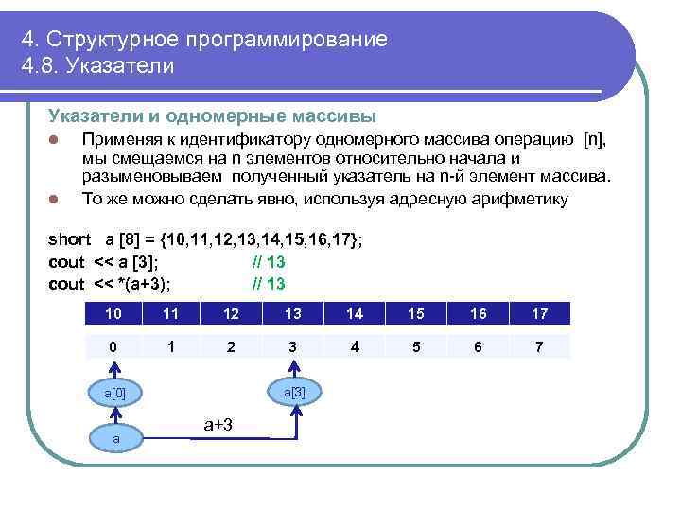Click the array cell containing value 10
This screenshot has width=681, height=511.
click(113, 313)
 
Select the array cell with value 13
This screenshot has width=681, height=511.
click(293, 313)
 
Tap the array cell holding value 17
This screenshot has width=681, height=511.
click(538, 313)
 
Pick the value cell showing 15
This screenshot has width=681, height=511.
click(416, 313)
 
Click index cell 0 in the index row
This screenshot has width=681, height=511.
click(113, 346)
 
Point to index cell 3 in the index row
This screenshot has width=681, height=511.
click(293, 346)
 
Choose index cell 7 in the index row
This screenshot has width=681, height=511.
click(538, 346)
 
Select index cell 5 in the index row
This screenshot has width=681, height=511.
click(416, 346)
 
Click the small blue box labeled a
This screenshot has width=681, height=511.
click(115, 438)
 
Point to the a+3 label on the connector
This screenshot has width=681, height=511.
click(219, 426)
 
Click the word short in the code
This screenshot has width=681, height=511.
click(69, 238)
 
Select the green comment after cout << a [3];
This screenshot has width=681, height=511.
click(269, 261)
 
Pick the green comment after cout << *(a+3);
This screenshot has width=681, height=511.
click(269, 283)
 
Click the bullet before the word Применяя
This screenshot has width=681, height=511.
click(55, 141)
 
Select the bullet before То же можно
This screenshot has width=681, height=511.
click(55, 199)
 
